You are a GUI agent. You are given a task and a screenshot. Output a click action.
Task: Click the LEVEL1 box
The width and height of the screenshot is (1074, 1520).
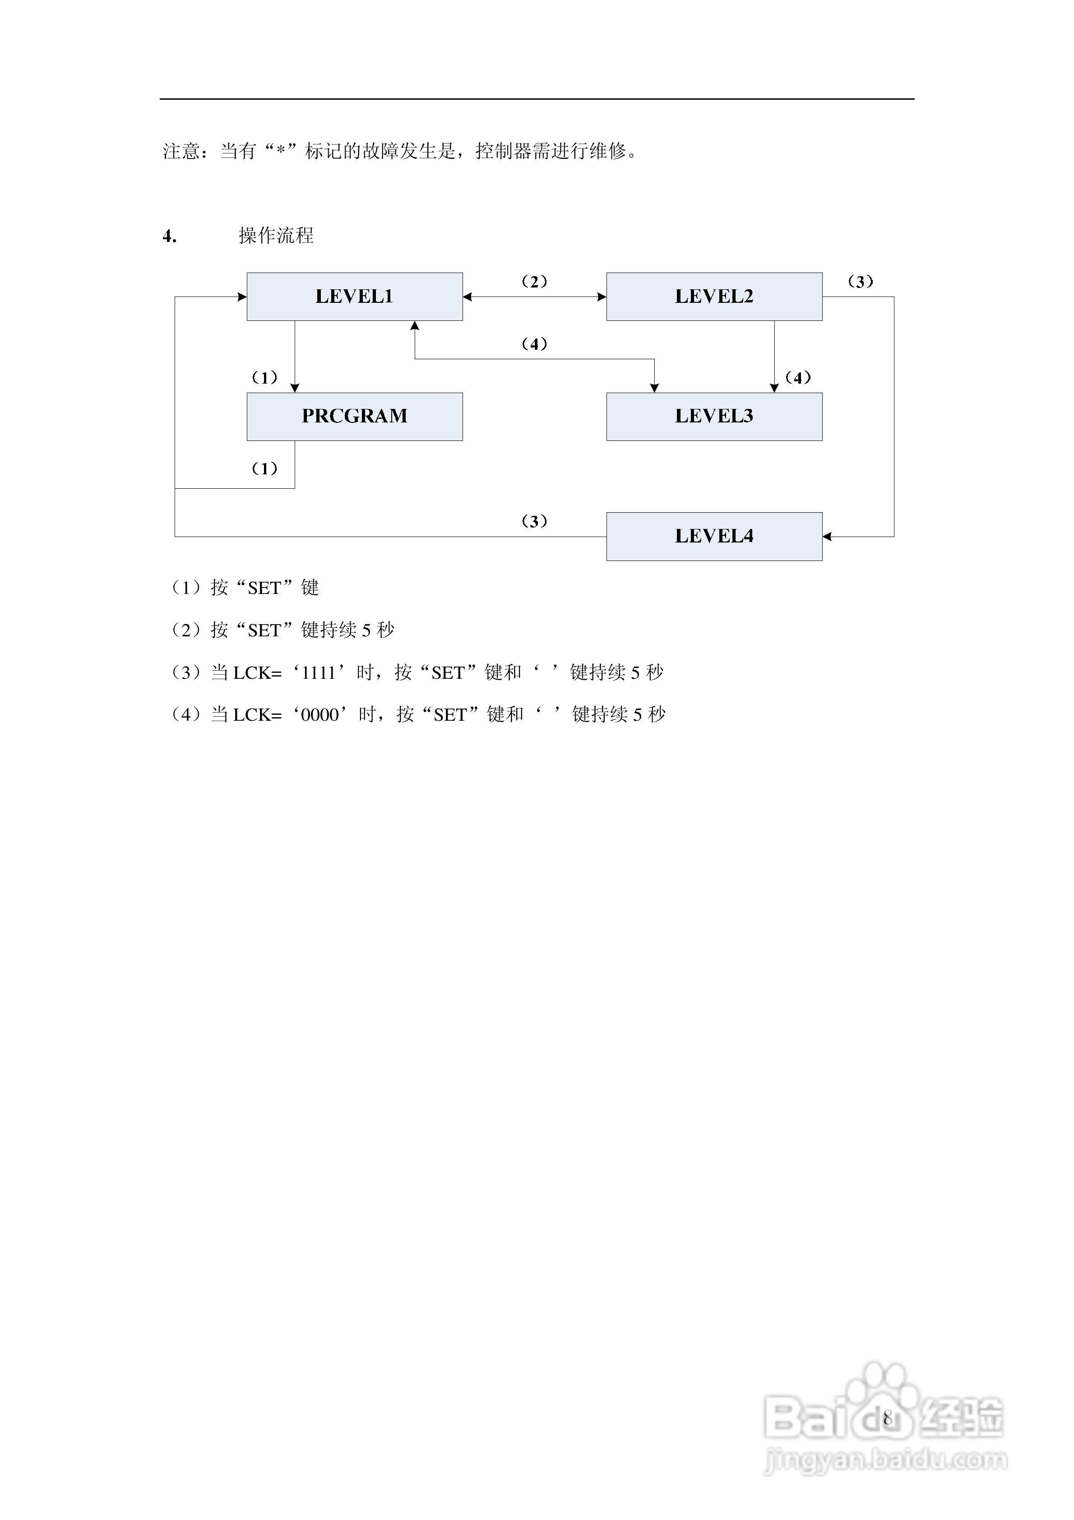pyautogui.click(x=354, y=297)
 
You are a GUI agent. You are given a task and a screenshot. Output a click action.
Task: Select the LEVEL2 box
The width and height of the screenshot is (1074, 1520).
pyautogui.click(x=714, y=297)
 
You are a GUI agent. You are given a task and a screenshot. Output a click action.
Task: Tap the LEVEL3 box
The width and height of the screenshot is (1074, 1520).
pyautogui.click(x=714, y=417)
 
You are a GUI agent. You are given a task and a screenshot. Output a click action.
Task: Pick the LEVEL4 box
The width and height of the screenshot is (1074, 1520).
pyautogui.click(x=714, y=536)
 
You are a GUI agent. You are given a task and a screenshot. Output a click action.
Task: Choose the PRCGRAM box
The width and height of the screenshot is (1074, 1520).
pyautogui.click(x=354, y=417)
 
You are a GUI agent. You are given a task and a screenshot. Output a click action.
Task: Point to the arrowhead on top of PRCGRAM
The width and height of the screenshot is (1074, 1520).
pyautogui.click(x=295, y=388)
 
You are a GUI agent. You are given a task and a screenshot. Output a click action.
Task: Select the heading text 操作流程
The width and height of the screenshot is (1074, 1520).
pyautogui.click(x=276, y=236)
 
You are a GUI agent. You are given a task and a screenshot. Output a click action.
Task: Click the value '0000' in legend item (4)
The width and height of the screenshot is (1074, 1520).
pyautogui.click(x=320, y=715)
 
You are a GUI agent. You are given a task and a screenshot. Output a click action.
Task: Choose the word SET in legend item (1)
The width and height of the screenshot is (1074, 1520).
pyautogui.click(x=264, y=589)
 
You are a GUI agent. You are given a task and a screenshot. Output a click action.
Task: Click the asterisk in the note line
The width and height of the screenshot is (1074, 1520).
pyautogui.click(x=280, y=152)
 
